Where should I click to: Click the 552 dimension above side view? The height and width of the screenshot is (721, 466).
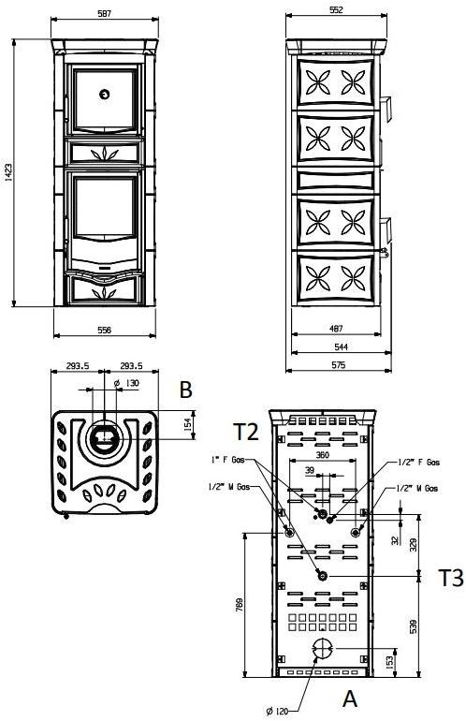(337, 10)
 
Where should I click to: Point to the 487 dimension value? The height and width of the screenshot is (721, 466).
(336, 330)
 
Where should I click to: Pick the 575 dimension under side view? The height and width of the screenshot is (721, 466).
(336, 365)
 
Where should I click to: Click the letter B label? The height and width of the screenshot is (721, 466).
(185, 390)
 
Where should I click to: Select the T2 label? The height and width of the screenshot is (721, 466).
(246, 432)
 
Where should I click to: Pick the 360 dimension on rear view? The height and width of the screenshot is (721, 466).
(322, 454)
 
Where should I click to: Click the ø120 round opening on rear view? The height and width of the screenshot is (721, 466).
(321, 649)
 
